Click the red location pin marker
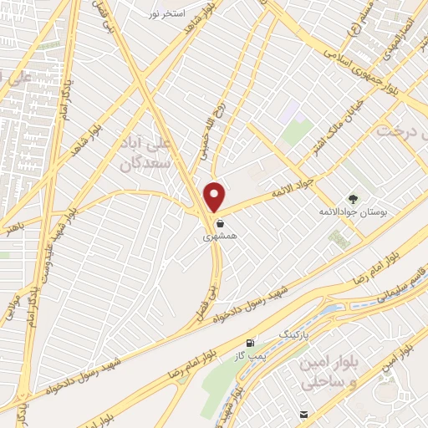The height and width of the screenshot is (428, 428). click(215, 196)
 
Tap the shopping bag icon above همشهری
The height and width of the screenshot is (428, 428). click(219, 224)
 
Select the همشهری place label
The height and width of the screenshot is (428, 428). click(219, 237)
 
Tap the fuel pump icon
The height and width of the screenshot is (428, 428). click(251, 344)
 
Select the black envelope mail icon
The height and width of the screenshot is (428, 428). click(303, 413)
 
